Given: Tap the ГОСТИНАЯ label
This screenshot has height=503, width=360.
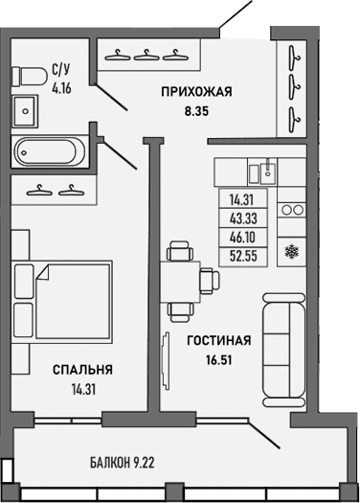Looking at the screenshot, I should [219, 340].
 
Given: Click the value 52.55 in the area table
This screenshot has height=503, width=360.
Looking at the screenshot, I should [242, 254].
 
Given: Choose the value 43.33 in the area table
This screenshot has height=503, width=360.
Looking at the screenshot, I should [242, 218].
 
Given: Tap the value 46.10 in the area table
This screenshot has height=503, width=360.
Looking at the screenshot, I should [242, 236].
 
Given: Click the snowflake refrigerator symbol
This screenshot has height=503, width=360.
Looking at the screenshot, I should [291, 252].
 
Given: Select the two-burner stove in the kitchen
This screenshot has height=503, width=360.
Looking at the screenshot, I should [291, 209].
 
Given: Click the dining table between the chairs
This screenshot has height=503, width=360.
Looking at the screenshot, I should [182, 282].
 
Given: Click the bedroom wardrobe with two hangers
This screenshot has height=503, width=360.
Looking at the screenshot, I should [54, 189].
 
